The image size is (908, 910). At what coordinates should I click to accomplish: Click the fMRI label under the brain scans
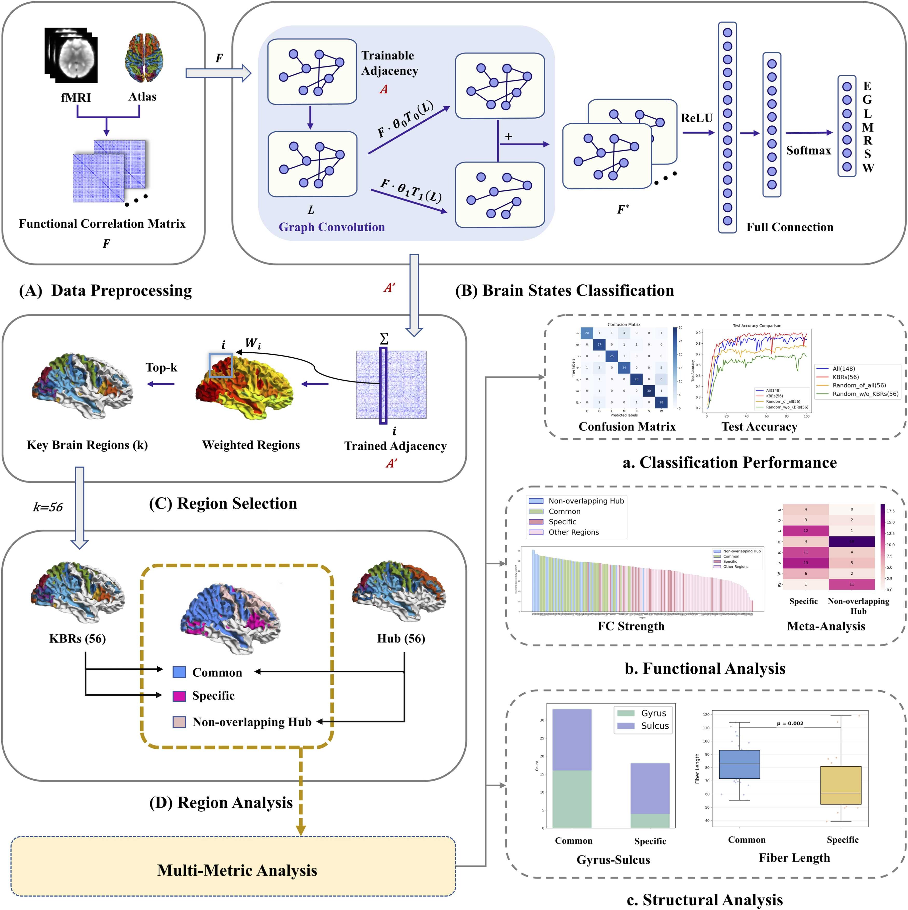point(76,98)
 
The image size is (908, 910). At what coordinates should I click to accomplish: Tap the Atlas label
point(142,97)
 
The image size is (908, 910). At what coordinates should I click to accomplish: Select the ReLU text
point(697,118)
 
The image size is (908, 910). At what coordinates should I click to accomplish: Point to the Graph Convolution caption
point(332,227)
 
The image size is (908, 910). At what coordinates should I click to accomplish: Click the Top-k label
point(161,367)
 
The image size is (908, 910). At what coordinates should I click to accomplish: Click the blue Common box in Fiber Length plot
point(739,764)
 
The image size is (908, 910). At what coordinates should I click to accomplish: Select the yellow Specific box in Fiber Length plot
point(841,785)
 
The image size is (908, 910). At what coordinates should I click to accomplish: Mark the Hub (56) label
point(401,639)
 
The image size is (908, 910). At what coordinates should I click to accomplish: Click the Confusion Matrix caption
point(627,427)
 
